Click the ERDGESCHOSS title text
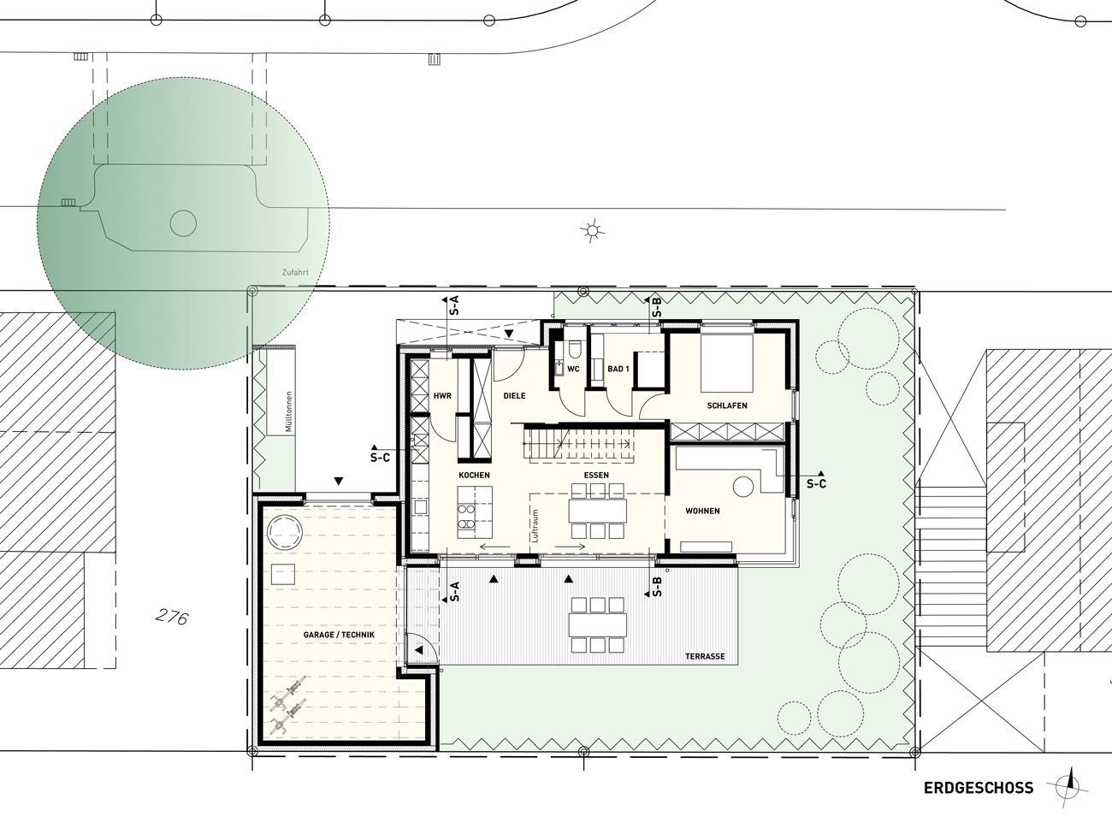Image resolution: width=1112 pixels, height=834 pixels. [979, 788]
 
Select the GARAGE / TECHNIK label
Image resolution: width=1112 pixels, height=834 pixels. [339, 635]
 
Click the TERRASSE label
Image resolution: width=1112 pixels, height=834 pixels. [705, 656]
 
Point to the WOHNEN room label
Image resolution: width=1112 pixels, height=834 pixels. [702, 512]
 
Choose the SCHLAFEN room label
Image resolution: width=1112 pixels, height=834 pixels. [727, 405]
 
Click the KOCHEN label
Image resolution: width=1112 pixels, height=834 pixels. [474, 475]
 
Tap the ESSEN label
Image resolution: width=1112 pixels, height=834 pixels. [596, 475]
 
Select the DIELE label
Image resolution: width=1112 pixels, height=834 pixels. [514, 396]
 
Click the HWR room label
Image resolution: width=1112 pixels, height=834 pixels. [442, 396]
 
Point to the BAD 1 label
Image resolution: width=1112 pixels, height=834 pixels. [618, 370]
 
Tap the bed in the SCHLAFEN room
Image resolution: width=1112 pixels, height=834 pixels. [726, 363]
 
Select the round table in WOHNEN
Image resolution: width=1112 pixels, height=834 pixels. [743, 487]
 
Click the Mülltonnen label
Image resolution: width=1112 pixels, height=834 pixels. [289, 411]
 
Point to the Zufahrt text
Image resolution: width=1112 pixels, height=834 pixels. [295, 272]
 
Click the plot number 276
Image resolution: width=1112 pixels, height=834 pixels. [172, 618]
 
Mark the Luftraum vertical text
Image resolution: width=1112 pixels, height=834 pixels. [535, 525]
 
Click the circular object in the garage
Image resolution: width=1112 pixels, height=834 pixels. [285, 533]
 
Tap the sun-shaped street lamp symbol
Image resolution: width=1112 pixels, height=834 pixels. [592, 232]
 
